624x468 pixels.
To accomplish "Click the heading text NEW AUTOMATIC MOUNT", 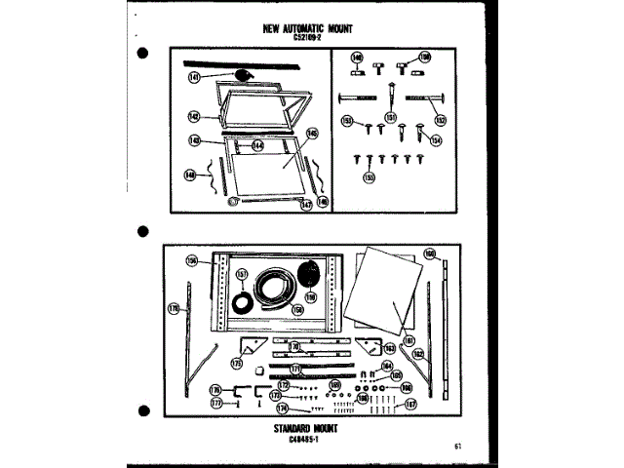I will point(312,29).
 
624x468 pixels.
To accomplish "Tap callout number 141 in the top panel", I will point(194,75).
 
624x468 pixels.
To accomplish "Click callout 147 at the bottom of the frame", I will point(305,205).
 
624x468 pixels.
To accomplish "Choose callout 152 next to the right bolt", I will point(440,121).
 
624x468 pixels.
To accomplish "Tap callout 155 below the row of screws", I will point(370,177).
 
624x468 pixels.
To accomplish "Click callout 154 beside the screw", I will point(435,140).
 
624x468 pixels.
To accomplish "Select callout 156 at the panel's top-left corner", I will point(192,260).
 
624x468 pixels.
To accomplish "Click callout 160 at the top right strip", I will point(429,253).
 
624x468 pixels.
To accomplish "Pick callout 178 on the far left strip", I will point(175,309).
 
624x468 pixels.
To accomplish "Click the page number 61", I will point(456,447).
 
